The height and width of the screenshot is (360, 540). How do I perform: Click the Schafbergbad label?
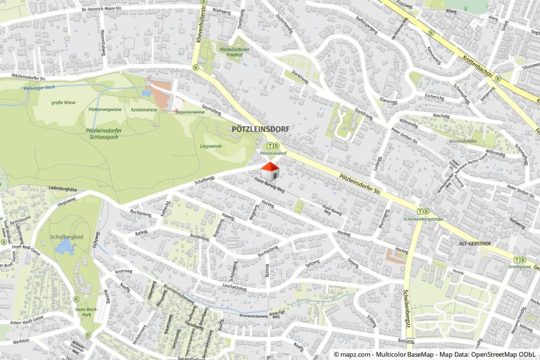pyautogui.click(x=66, y=237)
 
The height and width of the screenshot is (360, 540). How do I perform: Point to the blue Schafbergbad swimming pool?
pyautogui.click(x=63, y=249)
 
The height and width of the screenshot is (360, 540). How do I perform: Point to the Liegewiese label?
pyautogui.click(x=211, y=145)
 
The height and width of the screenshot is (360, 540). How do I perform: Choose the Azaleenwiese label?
pyautogui.click(x=144, y=109)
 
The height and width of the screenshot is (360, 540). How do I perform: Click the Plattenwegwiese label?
pyautogui.click(x=104, y=109)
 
